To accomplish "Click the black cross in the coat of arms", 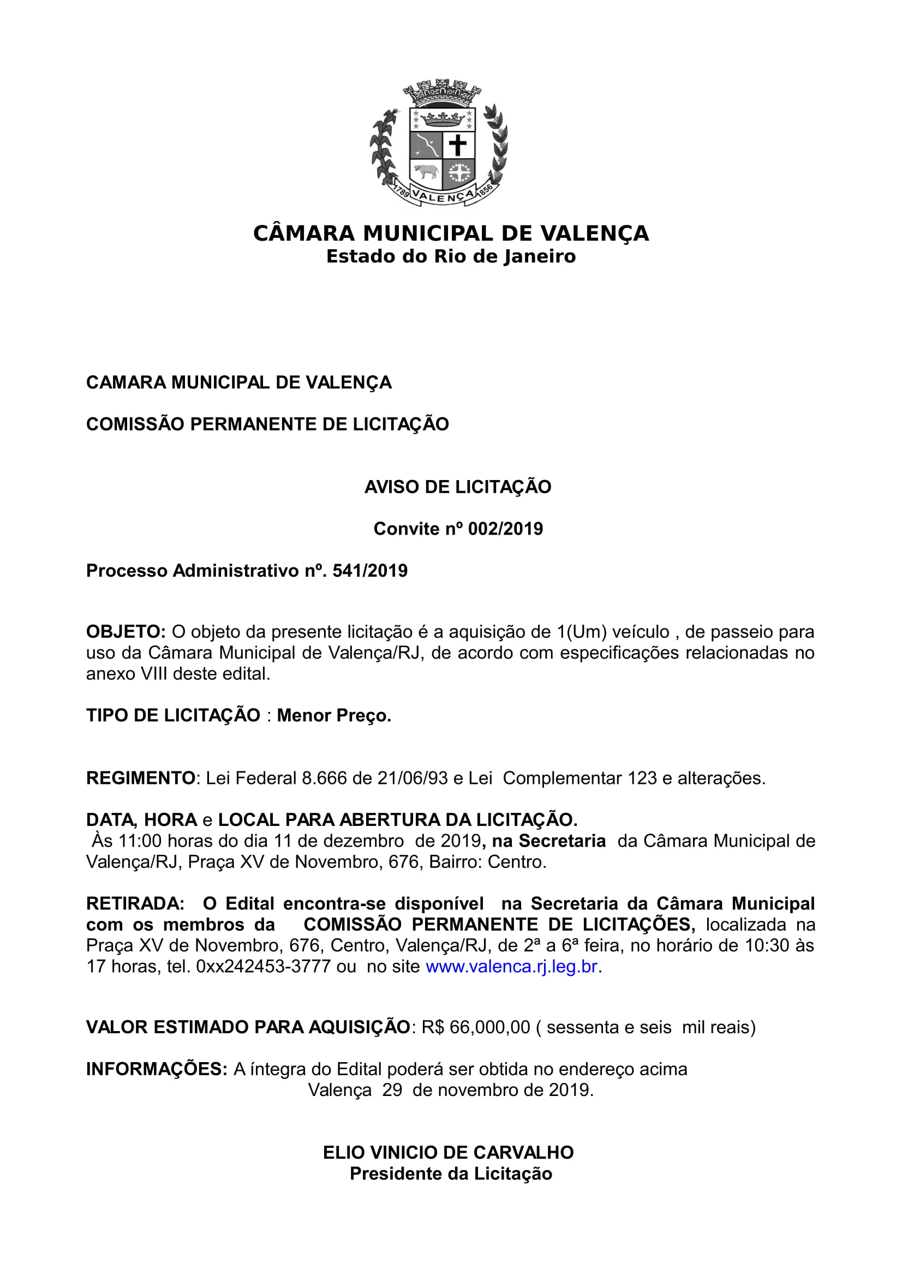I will coord(458,146).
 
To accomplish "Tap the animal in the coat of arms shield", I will coord(426,171).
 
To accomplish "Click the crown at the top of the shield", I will coord(443,118).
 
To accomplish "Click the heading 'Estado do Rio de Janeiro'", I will coord(451,256).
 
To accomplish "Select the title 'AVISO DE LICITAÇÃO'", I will coord(457,487).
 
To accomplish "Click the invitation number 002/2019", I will coord(505,529).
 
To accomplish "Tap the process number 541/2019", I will coord(369,571).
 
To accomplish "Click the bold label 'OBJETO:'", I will coord(126,632).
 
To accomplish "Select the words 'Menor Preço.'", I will coord(334,715).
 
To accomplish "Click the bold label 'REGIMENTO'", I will coord(141,778).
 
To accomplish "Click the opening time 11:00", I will coord(140,841).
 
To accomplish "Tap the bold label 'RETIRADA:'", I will coord(135,903).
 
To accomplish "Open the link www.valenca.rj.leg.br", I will coord(511,967).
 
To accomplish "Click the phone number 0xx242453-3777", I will coord(264,967).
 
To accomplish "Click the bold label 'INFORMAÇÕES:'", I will coord(156,1069).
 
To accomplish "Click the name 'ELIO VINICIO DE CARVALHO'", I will coord(448,1153).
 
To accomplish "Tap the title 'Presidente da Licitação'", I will coord(451,1174).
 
